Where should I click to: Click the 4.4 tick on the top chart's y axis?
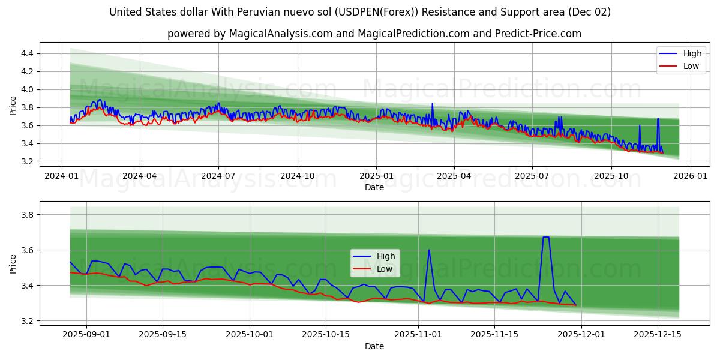[27, 53]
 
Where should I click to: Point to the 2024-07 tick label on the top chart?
[218, 176]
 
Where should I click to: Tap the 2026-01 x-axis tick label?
[690, 176]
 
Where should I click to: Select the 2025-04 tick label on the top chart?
[454, 176]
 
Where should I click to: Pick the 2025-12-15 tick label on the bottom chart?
[658, 335]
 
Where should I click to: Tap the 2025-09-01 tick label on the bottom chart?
[86, 335]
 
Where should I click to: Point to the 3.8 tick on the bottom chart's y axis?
[27, 214]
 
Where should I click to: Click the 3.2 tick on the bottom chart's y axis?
[27, 321]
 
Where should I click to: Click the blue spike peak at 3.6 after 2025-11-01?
[429, 250]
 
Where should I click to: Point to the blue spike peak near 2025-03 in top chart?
[432, 103]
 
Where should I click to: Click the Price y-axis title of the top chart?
[13, 106]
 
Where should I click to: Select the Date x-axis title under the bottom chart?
[374, 346]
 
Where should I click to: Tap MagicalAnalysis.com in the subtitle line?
[281, 34]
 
